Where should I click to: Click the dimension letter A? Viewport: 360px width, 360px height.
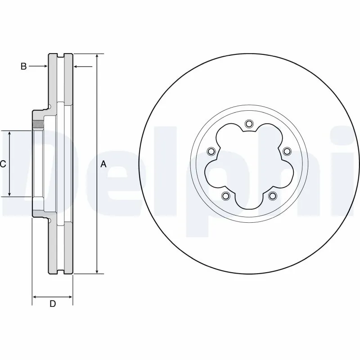pos(103,164)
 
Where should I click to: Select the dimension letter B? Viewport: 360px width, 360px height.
pos(24,67)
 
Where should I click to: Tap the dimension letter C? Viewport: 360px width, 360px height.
pos(3,164)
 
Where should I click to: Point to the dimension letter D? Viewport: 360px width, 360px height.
pos(53,304)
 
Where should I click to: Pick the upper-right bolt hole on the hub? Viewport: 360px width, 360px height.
pos(286,151)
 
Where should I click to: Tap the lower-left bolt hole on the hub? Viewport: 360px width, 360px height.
pos(225,196)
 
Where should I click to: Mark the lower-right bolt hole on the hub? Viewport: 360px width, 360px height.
pos(272,196)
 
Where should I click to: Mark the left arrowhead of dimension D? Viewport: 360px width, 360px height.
pos(35,297)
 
